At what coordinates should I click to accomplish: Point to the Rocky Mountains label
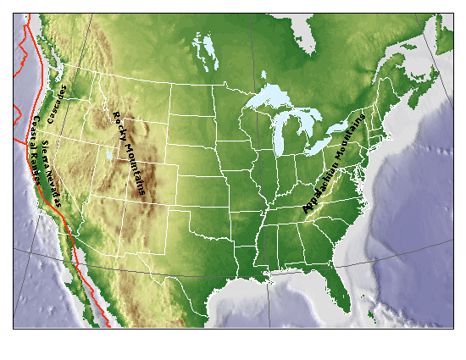coord(129,152)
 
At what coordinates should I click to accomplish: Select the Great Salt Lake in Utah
coord(108,156)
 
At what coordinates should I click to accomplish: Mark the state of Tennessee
coord(292,215)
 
